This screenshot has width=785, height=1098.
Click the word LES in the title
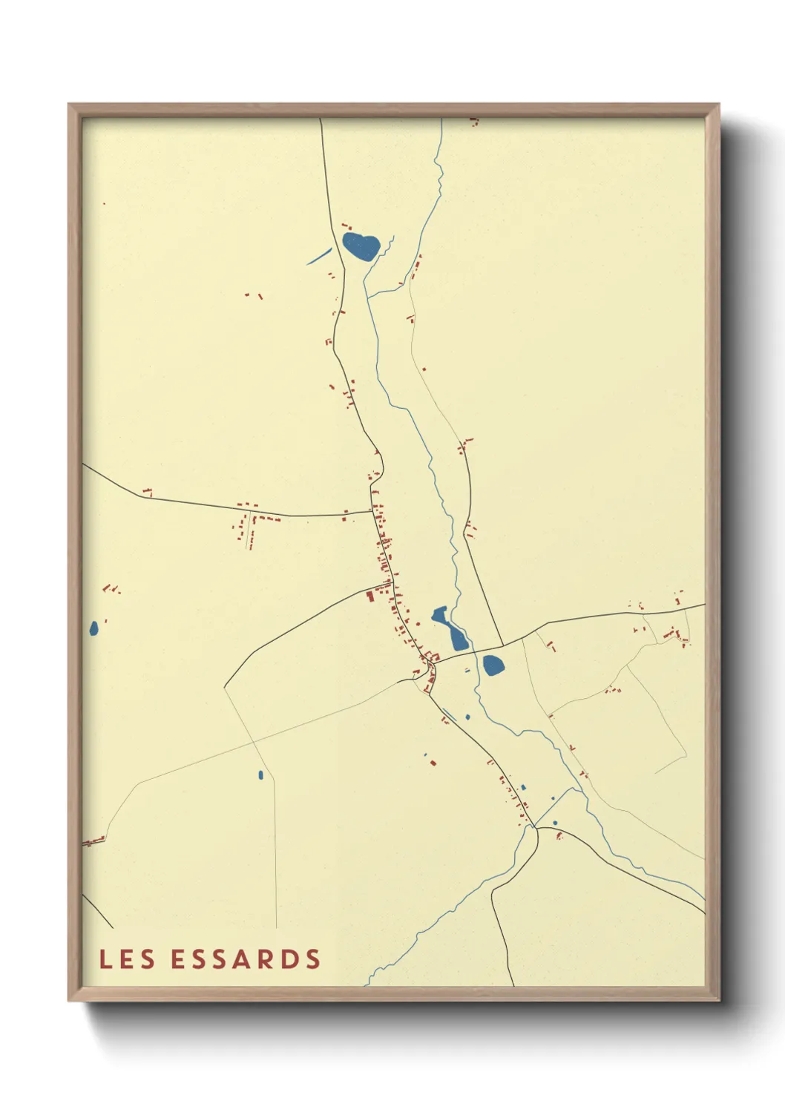click(127, 959)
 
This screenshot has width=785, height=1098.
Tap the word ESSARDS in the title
click(246, 959)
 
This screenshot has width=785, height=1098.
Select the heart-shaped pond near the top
click(361, 246)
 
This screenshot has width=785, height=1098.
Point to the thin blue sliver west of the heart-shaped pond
click(319, 256)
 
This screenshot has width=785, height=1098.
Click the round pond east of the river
click(493, 665)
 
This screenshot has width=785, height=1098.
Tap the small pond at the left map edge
click(93, 629)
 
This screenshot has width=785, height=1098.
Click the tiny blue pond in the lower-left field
click(260, 775)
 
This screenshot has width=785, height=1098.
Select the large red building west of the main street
click(370, 595)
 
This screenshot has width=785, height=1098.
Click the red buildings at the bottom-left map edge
click(93, 841)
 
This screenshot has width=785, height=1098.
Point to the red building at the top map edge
click(473, 120)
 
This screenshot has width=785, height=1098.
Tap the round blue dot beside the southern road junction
click(555, 823)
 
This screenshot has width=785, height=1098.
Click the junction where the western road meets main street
click(372, 510)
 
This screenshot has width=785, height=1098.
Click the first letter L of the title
click(105, 959)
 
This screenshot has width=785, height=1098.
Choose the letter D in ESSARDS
click(292, 959)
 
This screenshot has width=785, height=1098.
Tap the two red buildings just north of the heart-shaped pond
click(346, 225)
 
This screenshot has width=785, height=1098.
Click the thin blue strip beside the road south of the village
click(449, 716)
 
